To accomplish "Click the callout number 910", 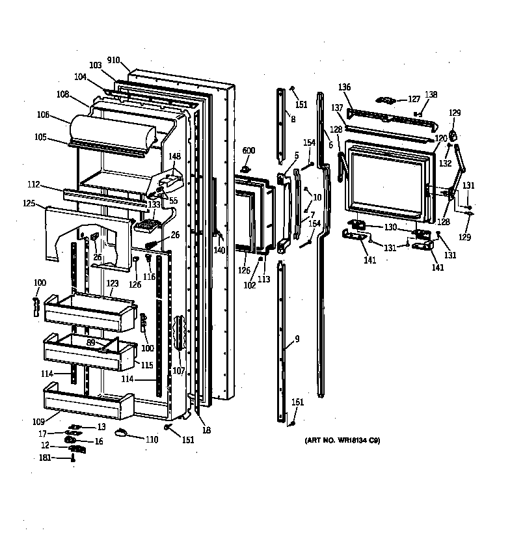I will click(x=114, y=60).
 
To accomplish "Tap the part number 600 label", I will click(x=248, y=151).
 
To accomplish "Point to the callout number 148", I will click(x=175, y=156).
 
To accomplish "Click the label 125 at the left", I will click(x=28, y=204).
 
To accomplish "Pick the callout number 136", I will click(x=344, y=88).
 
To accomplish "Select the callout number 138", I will click(x=431, y=95).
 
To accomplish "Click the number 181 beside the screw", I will click(x=45, y=459).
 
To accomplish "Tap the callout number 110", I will click(x=151, y=439).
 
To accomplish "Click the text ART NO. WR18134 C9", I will click(x=342, y=441).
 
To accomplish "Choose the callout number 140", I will click(x=219, y=250).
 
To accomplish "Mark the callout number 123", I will click(x=113, y=283).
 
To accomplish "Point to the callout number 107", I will click(x=178, y=371).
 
